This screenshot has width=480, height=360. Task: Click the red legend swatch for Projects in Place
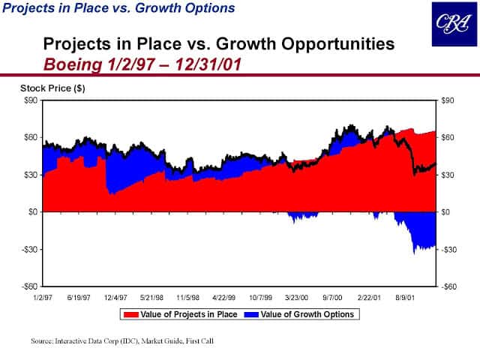pyautogui.click(x=133, y=314)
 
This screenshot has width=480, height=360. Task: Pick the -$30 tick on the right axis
pyautogui.click(x=448, y=249)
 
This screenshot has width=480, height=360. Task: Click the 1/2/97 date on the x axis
pyautogui.click(x=43, y=298)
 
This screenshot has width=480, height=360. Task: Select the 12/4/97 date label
pyautogui.click(x=115, y=298)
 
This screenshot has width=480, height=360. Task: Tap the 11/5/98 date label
pyautogui.click(x=187, y=298)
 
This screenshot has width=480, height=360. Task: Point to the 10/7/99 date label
pyautogui.click(x=260, y=298)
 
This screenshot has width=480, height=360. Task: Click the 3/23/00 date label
pyautogui.click(x=298, y=298)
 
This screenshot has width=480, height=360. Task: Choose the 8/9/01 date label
pyautogui.click(x=406, y=298)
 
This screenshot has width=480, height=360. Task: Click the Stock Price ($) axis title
pyautogui.click(x=52, y=88)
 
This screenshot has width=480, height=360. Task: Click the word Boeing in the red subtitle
pyautogui.click(x=71, y=61)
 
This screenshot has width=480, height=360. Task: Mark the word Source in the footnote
pyautogui.click(x=42, y=340)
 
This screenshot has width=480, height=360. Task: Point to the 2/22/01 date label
pyautogui.click(x=370, y=298)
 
